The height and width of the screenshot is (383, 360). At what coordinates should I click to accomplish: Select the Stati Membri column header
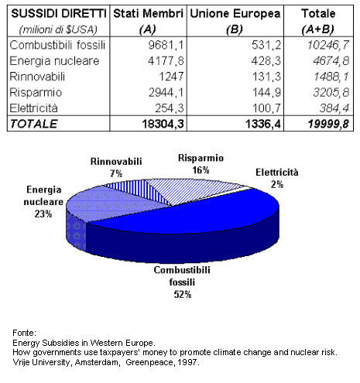(148, 15)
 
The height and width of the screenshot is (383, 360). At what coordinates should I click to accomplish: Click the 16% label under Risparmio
(201, 168)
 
